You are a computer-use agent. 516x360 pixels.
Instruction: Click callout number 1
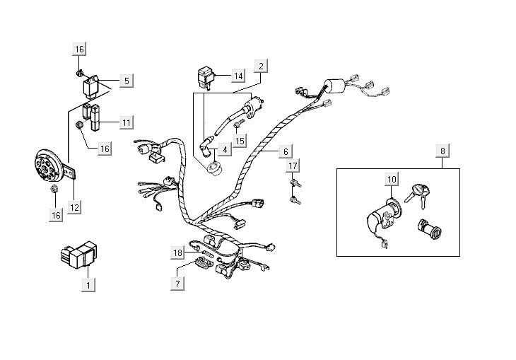[x=88, y=284]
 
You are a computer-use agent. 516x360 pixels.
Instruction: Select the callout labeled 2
[x=261, y=67]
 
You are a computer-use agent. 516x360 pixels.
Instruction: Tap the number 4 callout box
[x=224, y=149]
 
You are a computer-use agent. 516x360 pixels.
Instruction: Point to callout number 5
[x=126, y=81]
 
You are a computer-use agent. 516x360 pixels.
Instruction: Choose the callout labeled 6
[x=286, y=151]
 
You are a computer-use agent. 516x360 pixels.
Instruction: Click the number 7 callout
[x=178, y=284]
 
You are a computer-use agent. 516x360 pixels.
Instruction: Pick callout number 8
[x=442, y=151]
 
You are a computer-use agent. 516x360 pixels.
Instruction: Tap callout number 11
[x=126, y=123]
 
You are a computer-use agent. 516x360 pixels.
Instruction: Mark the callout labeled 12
[x=74, y=207]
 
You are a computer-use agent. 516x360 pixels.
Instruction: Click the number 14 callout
[x=238, y=75]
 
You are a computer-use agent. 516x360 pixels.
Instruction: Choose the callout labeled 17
[x=293, y=167]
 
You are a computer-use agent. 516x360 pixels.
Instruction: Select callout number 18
[x=178, y=252]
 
